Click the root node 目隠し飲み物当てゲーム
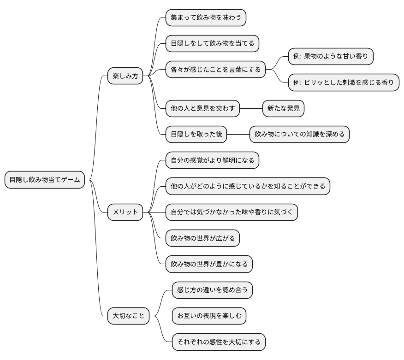tap(45, 180)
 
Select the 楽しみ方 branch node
tap(125, 76)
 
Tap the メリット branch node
tap(125, 212)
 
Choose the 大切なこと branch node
tap(128, 316)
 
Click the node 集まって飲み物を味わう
tap(206, 18)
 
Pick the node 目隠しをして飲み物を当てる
tap(212, 43)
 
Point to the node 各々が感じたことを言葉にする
tap(215, 70)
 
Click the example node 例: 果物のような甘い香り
tap(331, 56)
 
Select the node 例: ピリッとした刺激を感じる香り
tap(344, 83)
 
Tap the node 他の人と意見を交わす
tap(202, 109)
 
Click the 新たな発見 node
tap(284, 109)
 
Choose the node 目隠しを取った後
tap(196, 135)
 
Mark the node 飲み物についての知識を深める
tap(300, 135)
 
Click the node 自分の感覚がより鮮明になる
tap(212, 160)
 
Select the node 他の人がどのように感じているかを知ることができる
tap(248, 186)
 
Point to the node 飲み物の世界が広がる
tap(202, 238)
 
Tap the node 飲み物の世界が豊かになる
tap(209, 264)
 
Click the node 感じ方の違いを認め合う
tap(212, 290)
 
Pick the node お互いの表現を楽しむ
tap(209, 316)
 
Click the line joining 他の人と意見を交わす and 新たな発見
tap(251, 109)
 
